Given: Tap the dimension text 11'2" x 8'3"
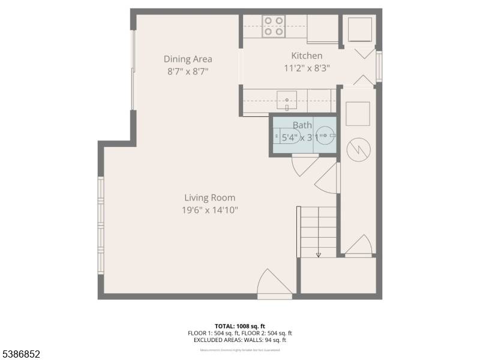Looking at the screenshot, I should tap(307, 68).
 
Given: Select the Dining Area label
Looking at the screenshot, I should tap(188, 59).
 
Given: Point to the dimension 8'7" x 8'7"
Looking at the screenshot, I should tap(188, 71).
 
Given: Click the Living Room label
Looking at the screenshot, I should tap(209, 197).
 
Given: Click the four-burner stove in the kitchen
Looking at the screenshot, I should tap(274, 26).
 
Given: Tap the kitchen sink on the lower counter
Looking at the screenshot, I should tap(287, 100).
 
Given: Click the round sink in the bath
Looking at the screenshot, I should tap(325, 136).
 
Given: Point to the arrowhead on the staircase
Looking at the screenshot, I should tap(318, 254).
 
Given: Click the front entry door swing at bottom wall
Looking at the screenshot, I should tap(274, 283).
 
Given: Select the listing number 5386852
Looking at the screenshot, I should tap(21, 354).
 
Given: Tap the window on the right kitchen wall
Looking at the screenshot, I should tap(379, 67).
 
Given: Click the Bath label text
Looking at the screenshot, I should tap(302, 125).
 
